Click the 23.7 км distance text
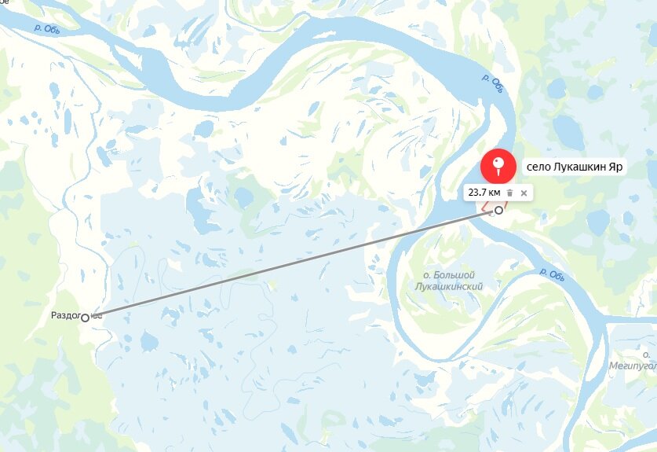point(484,192)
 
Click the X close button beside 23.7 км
point(524,193)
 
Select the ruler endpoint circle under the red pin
point(498,210)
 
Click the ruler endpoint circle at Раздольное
point(85,317)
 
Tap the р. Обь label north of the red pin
point(491,82)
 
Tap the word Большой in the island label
point(459,276)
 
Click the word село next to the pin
point(538,167)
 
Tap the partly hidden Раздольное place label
point(66,315)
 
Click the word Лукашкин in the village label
point(583,167)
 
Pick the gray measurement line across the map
point(290,263)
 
